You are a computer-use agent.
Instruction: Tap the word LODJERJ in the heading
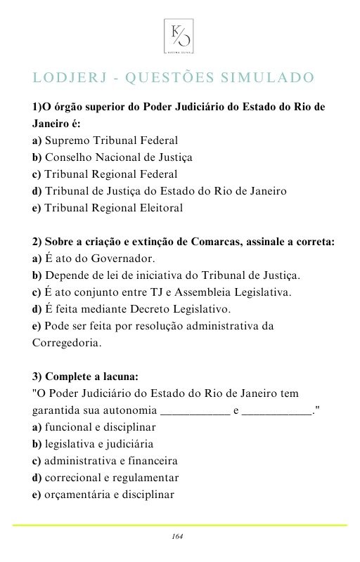(67, 77)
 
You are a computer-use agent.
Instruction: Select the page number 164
(177, 537)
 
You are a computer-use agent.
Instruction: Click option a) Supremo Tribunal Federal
(105, 140)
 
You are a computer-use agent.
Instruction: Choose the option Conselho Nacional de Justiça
(112, 157)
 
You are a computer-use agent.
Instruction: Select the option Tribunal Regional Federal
(105, 174)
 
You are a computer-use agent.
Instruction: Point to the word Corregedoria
(67, 344)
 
